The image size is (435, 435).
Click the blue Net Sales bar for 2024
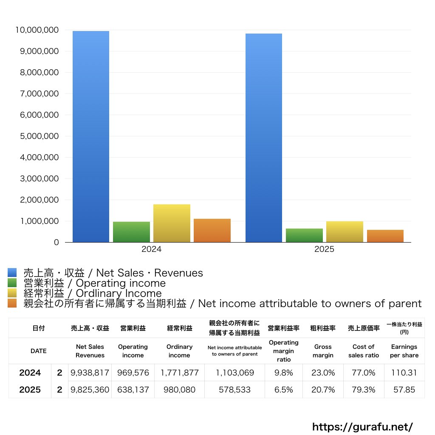tap(90, 136)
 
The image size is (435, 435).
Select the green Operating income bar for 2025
tap(304, 235)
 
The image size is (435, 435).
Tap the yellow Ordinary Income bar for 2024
tap(172, 223)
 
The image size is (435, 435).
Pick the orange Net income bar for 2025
tap(385, 236)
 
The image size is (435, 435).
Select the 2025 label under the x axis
tap(324, 249)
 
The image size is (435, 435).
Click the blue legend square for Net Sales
tap(12, 273)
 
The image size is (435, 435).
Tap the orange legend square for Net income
tap(12, 303)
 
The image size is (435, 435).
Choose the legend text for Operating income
tap(94, 283)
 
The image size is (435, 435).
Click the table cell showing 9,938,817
tap(90, 373)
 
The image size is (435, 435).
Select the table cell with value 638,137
tap(133, 390)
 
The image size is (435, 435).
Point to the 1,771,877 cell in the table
tap(179, 373)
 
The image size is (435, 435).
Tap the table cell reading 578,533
tap(234, 390)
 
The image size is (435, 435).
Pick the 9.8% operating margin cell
tap(283, 373)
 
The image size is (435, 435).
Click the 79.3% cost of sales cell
tap(364, 390)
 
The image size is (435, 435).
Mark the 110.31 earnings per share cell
tap(404, 373)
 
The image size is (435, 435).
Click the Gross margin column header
tap(323, 351)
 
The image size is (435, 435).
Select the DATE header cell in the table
tap(38, 351)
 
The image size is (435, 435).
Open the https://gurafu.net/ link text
tap(362, 427)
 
